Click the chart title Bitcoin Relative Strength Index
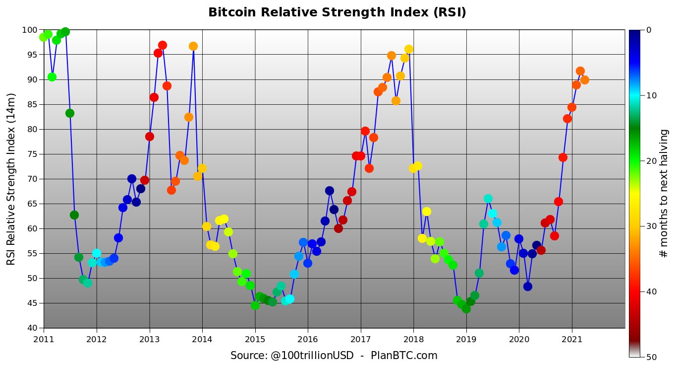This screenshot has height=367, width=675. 337,12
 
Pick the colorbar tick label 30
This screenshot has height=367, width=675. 651,226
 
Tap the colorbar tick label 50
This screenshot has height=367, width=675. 651,357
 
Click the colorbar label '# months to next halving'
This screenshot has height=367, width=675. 664,193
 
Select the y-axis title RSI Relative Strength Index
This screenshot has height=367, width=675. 11,179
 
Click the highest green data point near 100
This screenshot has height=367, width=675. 65,32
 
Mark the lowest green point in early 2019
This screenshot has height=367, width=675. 466,308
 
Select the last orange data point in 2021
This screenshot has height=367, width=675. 585,80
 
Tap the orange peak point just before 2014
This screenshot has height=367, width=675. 193,46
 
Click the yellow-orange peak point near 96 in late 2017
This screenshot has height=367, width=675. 409,49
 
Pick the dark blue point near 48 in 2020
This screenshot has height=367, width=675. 528,287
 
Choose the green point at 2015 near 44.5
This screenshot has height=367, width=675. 255,305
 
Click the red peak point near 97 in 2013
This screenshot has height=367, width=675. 163,45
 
